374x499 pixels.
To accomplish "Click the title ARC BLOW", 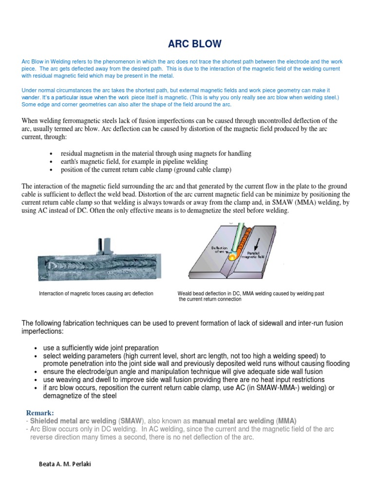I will (194, 44).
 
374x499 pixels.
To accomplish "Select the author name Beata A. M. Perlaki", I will (64, 463).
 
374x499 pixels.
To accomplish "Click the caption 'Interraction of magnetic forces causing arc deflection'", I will (96, 293).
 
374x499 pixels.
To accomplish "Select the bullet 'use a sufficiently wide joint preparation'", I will (101, 348).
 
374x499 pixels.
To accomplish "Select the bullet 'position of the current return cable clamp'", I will (146, 170).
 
